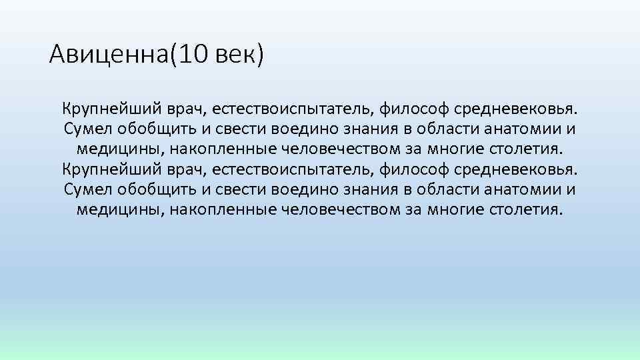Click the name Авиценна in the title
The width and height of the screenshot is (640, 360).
[x=109, y=54]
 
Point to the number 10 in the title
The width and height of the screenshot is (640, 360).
[x=193, y=54]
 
